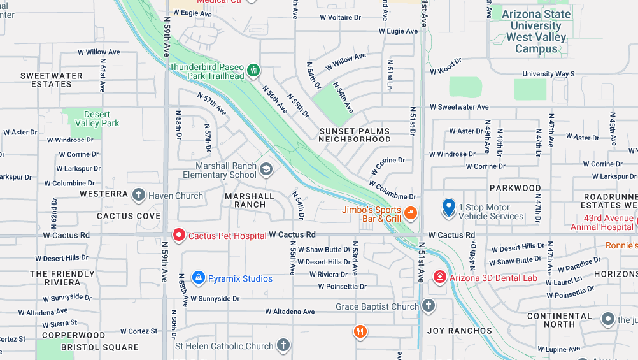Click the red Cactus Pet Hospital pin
pyautogui.click(x=179, y=235)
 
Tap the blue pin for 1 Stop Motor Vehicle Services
pyautogui.click(x=449, y=207)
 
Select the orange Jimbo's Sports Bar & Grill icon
pyautogui.click(x=411, y=213)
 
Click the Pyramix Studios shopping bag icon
pyautogui.click(x=198, y=278)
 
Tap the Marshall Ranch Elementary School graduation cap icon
pyautogui.click(x=266, y=169)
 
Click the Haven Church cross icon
pyautogui.click(x=139, y=195)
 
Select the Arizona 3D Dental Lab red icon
pyautogui.click(x=439, y=277)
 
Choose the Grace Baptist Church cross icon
pyautogui.click(x=429, y=306)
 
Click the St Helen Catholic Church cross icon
pyautogui.click(x=283, y=345)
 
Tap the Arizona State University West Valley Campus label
pyautogui.click(x=536, y=31)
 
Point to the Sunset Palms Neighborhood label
pyautogui.click(x=355, y=135)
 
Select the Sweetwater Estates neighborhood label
pyautogui.click(x=52, y=80)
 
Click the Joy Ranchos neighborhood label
pyautogui.click(x=460, y=331)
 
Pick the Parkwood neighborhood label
pyautogui.click(x=514, y=188)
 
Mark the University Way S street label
pyautogui.click(x=548, y=74)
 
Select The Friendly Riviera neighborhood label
pyautogui.click(x=62, y=278)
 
